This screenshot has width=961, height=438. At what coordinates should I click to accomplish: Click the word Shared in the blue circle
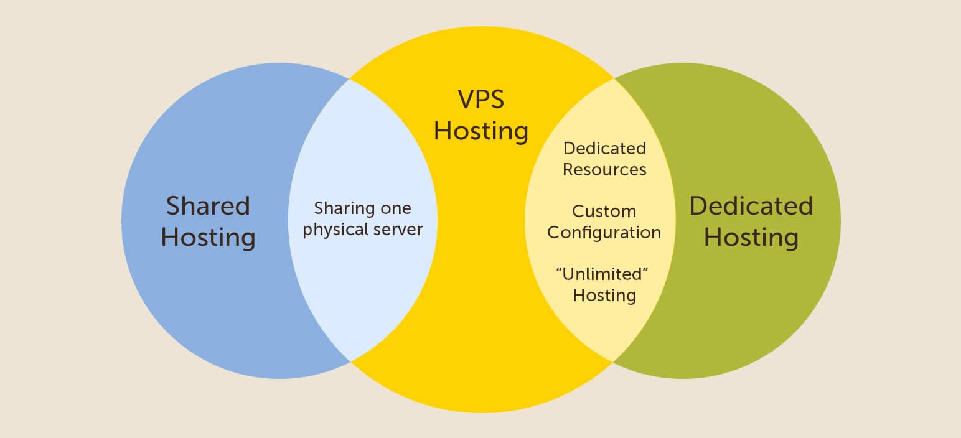coord(208,206)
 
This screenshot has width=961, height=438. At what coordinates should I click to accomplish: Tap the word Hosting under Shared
coord(208,238)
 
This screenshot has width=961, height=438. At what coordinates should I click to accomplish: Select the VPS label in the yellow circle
coord(480,100)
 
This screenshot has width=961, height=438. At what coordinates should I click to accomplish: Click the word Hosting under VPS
coord(480,131)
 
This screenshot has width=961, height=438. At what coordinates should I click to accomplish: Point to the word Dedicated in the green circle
coord(751,206)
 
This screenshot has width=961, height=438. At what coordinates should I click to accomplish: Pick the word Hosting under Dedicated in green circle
coord(751,238)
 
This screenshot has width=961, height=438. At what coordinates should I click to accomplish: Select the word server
coord(398,230)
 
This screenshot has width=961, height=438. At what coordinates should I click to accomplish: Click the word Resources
coord(604,169)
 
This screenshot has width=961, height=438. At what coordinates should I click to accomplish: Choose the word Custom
coord(604,212)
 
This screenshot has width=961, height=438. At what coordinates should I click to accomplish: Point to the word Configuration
coord(604,233)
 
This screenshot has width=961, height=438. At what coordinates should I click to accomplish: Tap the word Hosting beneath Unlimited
coord(604,294)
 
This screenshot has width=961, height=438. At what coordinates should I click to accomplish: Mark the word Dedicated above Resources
coord(604,149)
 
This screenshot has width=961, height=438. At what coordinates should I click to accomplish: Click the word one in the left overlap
coord(396,208)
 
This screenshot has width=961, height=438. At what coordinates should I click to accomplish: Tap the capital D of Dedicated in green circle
coord(699,206)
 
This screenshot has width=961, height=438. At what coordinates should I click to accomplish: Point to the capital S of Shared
coord(174,206)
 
